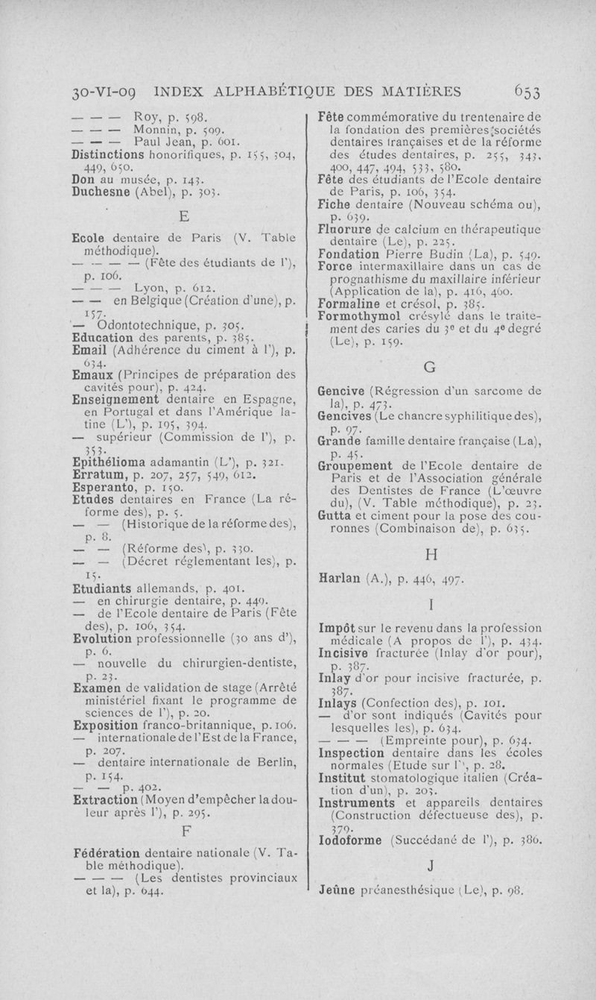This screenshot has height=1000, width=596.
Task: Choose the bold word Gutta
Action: point(334,516)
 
